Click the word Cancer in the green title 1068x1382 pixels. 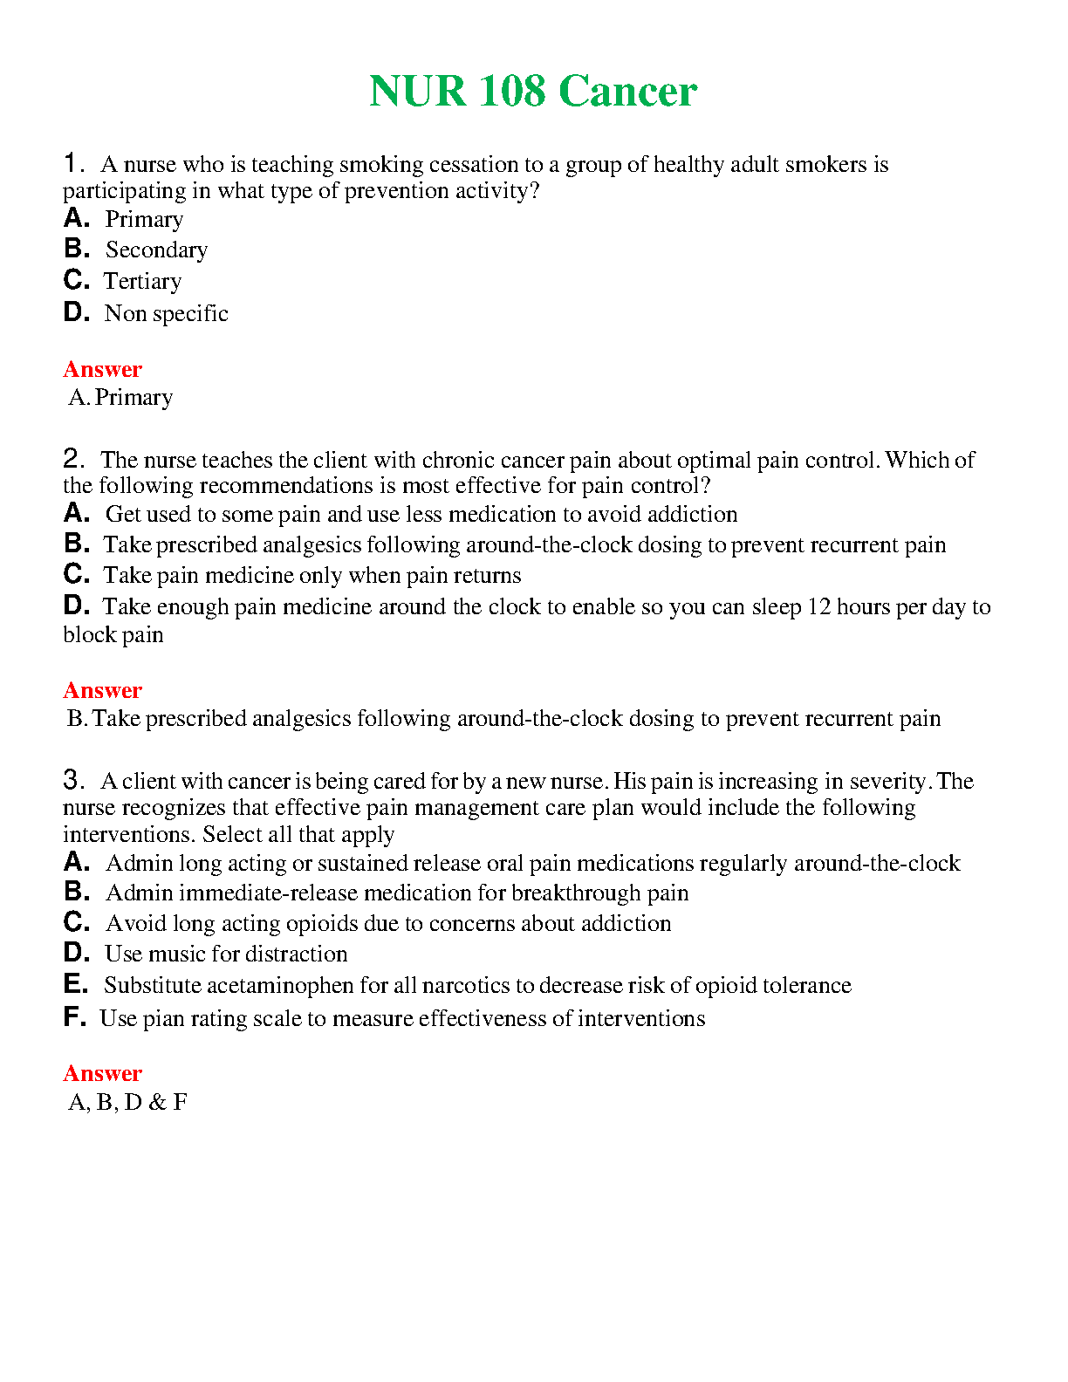pyautogui.click(x=627, y=92)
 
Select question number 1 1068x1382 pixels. pyautogui.click(x=73, y=163)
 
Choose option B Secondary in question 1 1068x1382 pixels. pyautogui.click(x=156, y=250)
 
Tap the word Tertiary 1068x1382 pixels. pyautogui.click(x=143, y=282)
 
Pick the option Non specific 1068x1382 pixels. pyautogui.click(x=166, y=313)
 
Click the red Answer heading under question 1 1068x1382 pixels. pyautogui.click(x=102, y=369)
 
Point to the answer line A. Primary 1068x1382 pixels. pyautogui.click(x=121, y=398)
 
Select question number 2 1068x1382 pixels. pyautogui.click(x=73, y=459)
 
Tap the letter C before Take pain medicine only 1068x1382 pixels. pyautogui.click(x=76, y=574)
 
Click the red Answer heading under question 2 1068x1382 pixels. pyautogui.click(x=102, y=690)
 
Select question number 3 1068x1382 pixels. pyautogui.click(x=73, y=780)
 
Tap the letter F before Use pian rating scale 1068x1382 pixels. pyautogui.click(x=74, y=1017)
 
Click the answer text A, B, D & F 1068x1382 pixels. pyautogui.click(x=127, y=1103)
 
